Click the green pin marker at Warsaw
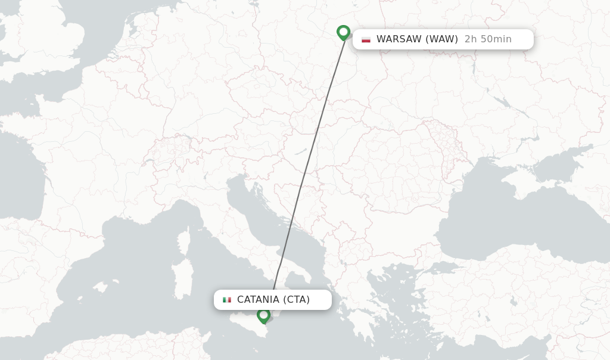pos(343,32)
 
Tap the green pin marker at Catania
pos(263,315)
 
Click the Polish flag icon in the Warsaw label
pos(366,40)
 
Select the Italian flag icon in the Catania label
pos(227,300)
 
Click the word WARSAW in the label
pos(399,39)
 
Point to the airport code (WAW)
pos(441,39)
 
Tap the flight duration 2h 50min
pos(488,39)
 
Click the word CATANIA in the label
pos(258,299)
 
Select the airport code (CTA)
pos(296,299)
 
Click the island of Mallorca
pos(99,287)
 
